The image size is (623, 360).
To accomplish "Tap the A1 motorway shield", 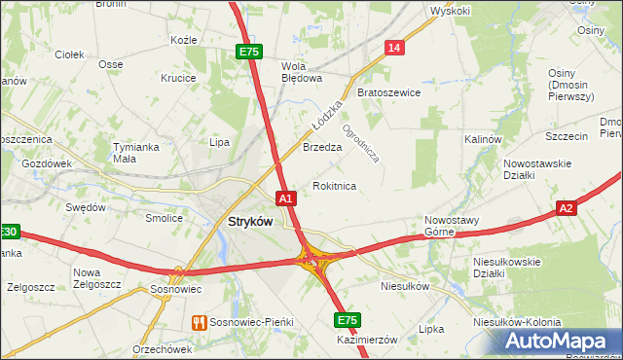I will [286, 198].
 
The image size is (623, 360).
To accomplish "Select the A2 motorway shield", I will [568, 207].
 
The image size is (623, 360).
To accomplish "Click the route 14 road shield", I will [393, 48].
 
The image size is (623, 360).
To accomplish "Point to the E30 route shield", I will [8, 232].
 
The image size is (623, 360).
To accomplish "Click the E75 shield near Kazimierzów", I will [347, 319].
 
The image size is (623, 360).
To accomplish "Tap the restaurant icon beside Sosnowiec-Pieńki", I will [199, 321].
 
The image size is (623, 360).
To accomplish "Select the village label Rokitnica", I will [334, 185].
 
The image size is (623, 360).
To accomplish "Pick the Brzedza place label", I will [322, 148].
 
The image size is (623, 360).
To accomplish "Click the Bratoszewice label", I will [388, 93].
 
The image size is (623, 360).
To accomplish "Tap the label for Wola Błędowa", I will [301, 72].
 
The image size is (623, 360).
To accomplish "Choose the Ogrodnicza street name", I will [360, 140].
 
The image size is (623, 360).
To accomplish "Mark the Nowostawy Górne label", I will [452, 226].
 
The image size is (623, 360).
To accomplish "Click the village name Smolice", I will [165, 218].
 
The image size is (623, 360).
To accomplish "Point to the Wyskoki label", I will [450, 11].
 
